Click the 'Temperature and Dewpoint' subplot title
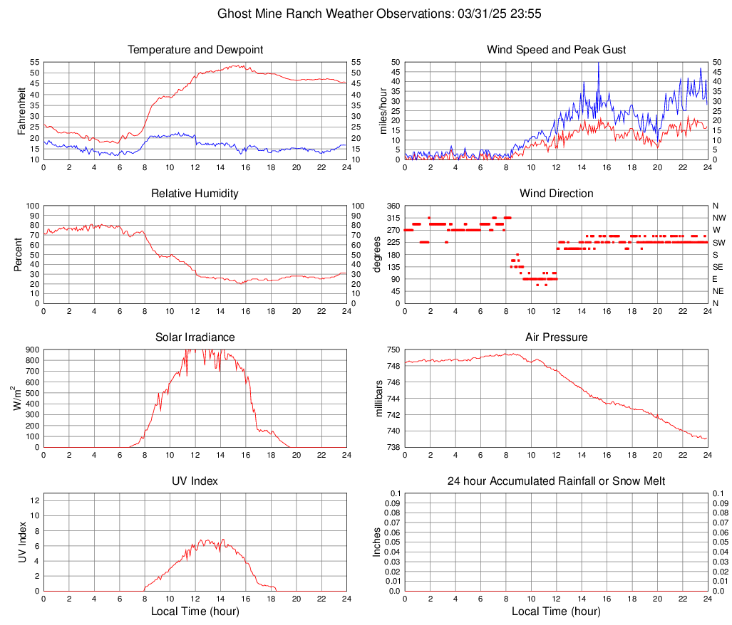(x=195, y=50)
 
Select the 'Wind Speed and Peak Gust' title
(x=556, y=50)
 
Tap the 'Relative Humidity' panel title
(x=195, y=194)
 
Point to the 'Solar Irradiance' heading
(x=195, y=337)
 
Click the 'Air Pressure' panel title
(x=556, y=337)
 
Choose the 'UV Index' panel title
(x=195, y=481)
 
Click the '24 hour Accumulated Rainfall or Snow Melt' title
(x=556, y=481)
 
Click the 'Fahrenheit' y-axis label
(x=21, y=110)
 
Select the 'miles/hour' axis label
(x=383, y=110)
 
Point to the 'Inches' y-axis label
(x=377, y=542)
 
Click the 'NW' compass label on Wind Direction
(x=718, y=218)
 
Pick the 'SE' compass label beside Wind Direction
(x=718, y=267)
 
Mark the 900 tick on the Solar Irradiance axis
(x=32, y=350)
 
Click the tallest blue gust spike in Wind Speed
(x=598, y=65)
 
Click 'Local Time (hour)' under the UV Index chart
(x=195, y=611)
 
